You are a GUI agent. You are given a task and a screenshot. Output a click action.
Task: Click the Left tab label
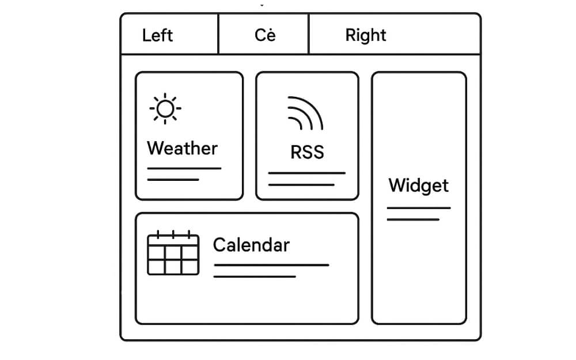pyautogui.click(x=157, y=35)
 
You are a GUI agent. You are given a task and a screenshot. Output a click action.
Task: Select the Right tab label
pyautogui.click(x=365, y=35)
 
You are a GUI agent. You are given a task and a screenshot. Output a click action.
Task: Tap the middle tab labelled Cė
pyautogui.click(x=265, y=35)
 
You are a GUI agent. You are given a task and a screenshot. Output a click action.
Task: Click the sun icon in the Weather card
pyautogui.click(x=165, y=108)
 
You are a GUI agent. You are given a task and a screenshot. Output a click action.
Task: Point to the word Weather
pyautogui.click(x=182, y=148)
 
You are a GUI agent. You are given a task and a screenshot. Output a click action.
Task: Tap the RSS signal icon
pyautogui.click(x=306, y=114)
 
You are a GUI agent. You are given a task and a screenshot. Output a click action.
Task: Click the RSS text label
pyautogui.click(x=307, y=152)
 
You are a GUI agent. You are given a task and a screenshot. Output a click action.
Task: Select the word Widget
pyautogui.click(x=418, y=185)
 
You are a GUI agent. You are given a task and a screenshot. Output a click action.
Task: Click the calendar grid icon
pyautogui.click(x=173, y=253)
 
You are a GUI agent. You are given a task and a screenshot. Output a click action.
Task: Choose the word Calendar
pyautogui.click(x=251, y=245)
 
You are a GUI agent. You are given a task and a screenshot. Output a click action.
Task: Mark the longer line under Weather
pyautogui.click(x=184, y=169)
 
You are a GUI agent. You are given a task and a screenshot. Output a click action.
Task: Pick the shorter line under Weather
pyautogui.click(x=173, y=180)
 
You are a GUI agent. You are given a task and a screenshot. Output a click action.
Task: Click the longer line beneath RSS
pyautogui.click(x=307, y=173)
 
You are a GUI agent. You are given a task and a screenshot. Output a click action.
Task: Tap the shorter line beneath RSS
pyautogui.click(x=301, y=185)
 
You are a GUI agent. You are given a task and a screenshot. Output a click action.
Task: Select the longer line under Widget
pyautogui.click(x=418, y=208)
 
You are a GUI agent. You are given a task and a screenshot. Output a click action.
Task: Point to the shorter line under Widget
pyautogui.click(x=413, y=219)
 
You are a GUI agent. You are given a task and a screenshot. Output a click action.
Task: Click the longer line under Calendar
pyautogui.click(x=271, y=265)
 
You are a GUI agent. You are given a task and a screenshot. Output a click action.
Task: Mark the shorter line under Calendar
pyautogui.click(x=255, y=277)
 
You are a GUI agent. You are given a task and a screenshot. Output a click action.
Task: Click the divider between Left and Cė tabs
pyautogui.click(x=218, y=35)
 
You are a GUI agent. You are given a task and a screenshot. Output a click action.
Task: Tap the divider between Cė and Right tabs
pyautogui.click(x=309, y=35)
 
